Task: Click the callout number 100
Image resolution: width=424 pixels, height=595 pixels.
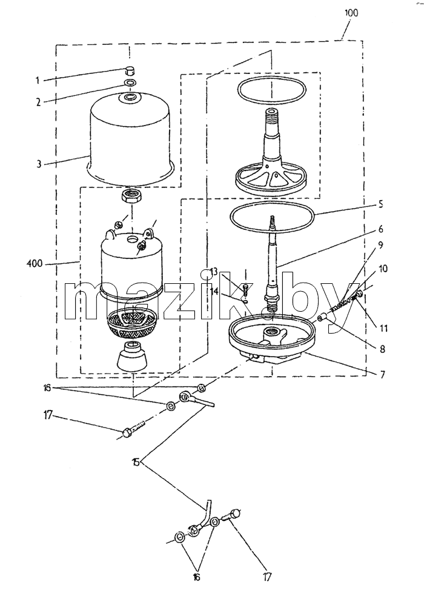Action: point(351,12)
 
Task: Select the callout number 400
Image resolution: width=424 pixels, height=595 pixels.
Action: point(35,263)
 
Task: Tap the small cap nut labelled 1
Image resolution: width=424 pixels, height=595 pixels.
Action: point(130,70)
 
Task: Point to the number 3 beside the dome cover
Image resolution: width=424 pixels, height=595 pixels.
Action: point(39,164)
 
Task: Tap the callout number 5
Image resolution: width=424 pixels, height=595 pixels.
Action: point(380,204)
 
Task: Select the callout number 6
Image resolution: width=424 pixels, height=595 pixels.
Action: point(380,229)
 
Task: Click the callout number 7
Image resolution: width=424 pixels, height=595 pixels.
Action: point(382,375)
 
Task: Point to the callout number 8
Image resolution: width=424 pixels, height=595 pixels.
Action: point(382,348)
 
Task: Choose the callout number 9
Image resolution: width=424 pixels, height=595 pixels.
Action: point(380,245)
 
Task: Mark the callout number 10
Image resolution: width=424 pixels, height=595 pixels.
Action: point(382,269)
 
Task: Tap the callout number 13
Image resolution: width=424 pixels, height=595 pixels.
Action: point(213,272)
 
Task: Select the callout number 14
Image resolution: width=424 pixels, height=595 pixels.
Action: point(214,291)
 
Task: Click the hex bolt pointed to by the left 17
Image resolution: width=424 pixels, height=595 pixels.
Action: point(133,428)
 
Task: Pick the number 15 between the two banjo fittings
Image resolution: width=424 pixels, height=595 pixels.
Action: point(136,462)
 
